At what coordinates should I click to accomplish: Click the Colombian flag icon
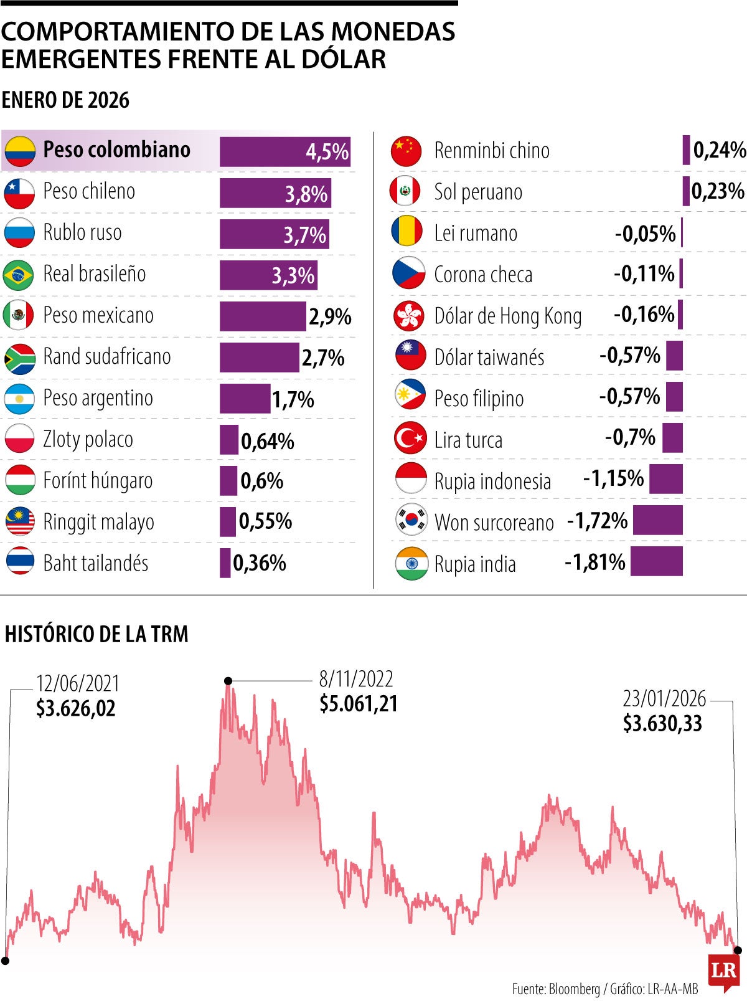(x=19, y=151)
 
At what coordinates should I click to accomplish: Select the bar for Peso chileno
(x=275, y=193)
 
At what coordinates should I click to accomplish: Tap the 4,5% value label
(x=327, y=151)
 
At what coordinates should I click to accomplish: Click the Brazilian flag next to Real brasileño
(x=19, y=275)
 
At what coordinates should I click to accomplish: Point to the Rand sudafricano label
(x=106, y=357)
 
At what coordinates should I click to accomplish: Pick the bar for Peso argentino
(x=245, y=399)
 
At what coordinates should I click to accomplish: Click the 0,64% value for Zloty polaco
(x=268, y=441)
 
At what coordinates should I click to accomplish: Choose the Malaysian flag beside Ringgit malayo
(x=20, y=522)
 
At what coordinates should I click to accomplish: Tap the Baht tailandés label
(x=95, y=563)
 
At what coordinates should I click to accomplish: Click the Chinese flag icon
(x=407, y=151)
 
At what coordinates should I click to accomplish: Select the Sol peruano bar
(x=686, y=192)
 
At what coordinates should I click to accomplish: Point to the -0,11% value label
(x=644, y=273)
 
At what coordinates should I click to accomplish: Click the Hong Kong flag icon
(x=409, y=316)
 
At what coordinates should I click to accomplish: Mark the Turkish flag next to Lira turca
(x=410, y=439)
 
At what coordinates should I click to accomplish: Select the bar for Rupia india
(x=656, y=561)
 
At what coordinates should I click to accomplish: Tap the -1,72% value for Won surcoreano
(x=597, y=521)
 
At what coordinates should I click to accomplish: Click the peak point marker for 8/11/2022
(x=228, y=681)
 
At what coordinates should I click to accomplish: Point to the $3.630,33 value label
(x=662, y=723)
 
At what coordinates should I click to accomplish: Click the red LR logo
(x=724, y=970)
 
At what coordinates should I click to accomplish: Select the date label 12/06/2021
(x=78, y=683)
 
